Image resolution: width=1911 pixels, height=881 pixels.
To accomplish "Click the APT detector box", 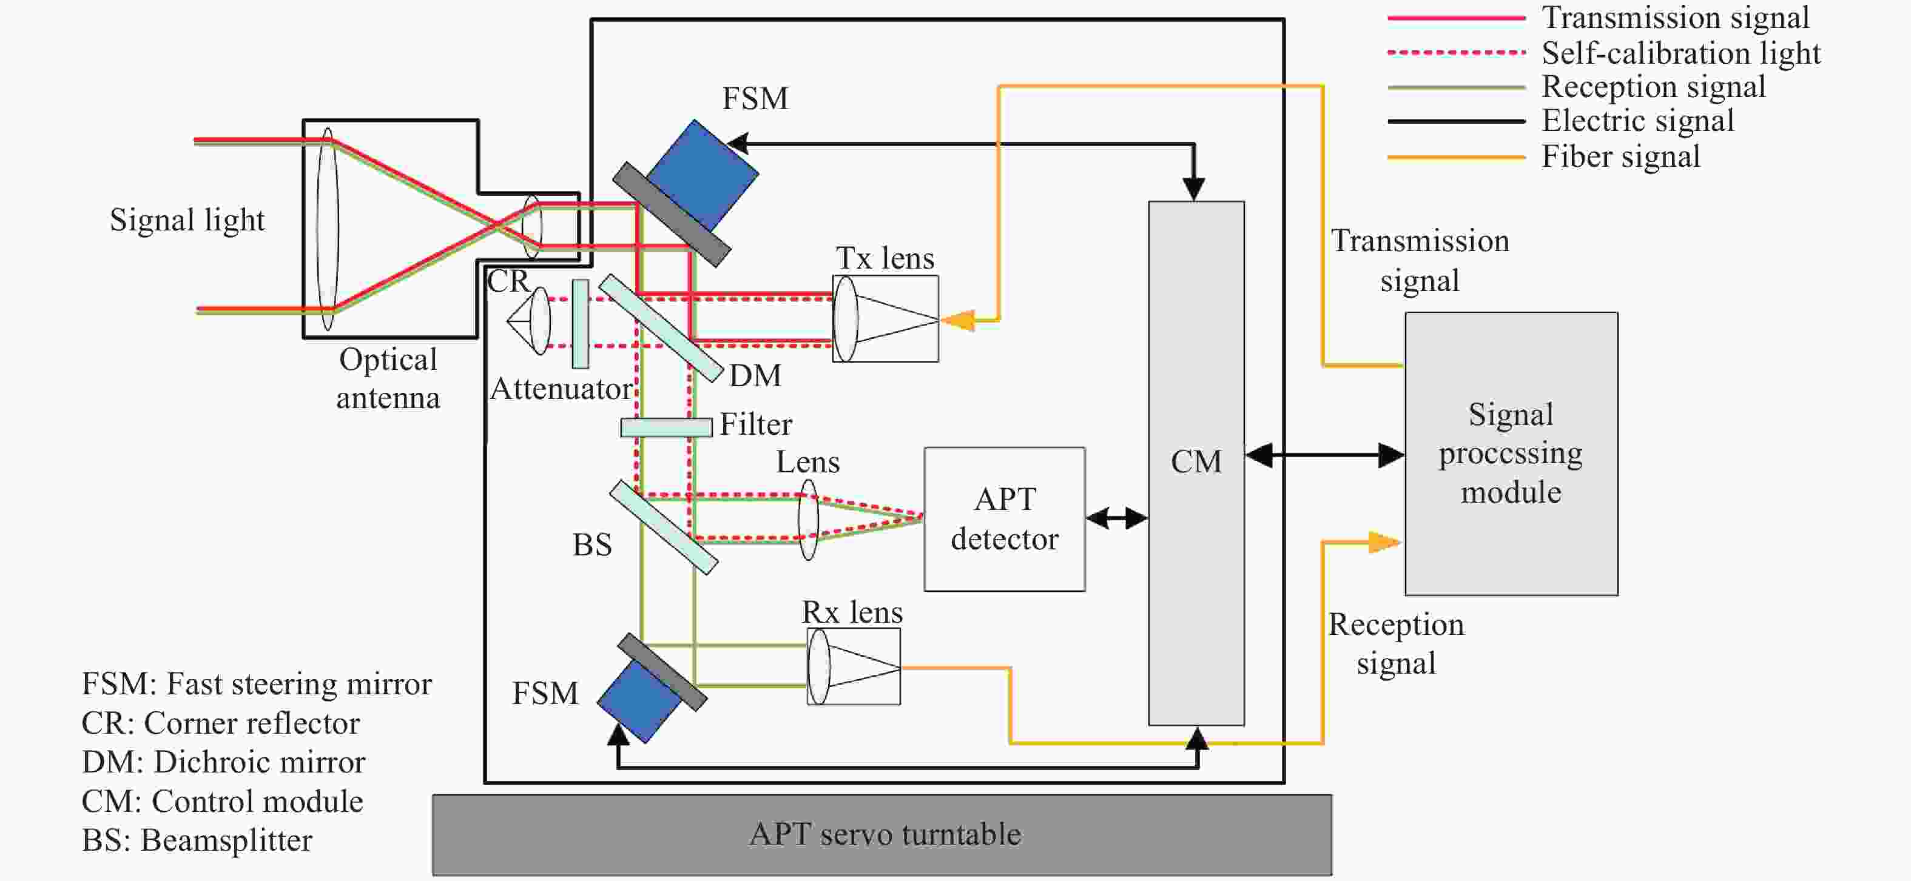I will (x=1005, y=519).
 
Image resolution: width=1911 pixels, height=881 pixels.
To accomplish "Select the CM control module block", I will (x=1196, y=463).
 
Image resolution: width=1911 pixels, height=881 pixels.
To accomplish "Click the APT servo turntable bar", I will (x=882, y=834).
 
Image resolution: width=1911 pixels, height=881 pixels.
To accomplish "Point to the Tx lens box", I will (x=886, y=319).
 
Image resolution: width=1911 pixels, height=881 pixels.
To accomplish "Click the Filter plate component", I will (x=666, y=427).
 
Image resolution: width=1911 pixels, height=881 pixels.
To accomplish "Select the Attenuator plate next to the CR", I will (x=581, y=323).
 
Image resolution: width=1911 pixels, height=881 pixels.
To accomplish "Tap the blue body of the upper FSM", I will (x=703, y=173).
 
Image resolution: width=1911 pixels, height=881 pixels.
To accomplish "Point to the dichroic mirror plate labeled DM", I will (x=660, y=328).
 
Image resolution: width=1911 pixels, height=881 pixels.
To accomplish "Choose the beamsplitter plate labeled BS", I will (x=664, y=528).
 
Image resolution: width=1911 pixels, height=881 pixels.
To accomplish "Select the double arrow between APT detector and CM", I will (x=1116, y=518).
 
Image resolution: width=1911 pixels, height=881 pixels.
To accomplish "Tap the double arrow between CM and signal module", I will (x=1324, y=455).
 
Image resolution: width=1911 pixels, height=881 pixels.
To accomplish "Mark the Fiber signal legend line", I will (x=1455, y=157).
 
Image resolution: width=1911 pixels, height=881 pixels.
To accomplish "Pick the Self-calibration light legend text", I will (x=1680, y=53).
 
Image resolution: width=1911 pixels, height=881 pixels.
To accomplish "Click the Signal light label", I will (x=187, y=220).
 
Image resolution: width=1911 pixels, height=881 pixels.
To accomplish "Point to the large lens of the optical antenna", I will (x=327, y=229).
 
